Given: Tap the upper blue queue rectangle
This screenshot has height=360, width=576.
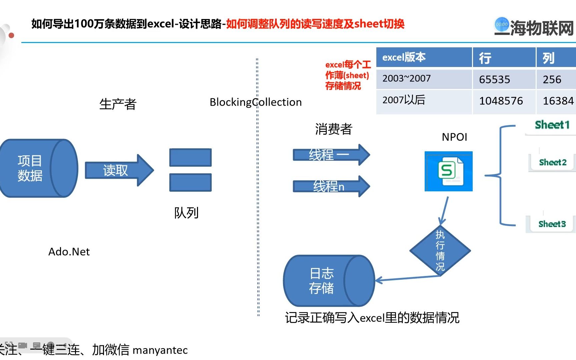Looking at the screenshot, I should [x=190, y=157].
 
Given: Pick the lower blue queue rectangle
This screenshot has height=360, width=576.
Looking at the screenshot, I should [x=190, y=182].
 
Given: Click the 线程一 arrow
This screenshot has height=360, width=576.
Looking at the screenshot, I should [x=330, y=155].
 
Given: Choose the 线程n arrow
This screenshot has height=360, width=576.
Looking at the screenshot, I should [x=330, y=186].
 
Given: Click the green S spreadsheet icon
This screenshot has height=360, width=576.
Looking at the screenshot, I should [x=448, y=171].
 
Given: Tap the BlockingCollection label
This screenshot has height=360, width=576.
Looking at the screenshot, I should [x=256, y=102].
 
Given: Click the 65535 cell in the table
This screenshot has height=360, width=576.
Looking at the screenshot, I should [x=494, y=79].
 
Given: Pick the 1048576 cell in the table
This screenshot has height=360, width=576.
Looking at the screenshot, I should [x=501, y=101].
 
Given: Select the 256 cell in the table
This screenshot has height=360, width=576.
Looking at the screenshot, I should [x=552, y=79].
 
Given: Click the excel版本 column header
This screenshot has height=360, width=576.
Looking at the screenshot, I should [x=404, y=57].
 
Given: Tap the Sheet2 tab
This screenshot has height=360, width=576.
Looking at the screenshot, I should [x=552, y=162].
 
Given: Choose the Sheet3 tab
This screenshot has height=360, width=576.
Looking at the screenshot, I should [x=552, y=224].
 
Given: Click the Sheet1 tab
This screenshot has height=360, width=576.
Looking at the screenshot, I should [x=552, y=125].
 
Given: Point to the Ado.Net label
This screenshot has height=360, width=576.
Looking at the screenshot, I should [x=69, y=252].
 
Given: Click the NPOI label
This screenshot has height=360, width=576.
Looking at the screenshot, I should [x=454, y=137].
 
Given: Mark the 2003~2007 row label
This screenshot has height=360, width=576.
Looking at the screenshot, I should [x=406, y=79].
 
